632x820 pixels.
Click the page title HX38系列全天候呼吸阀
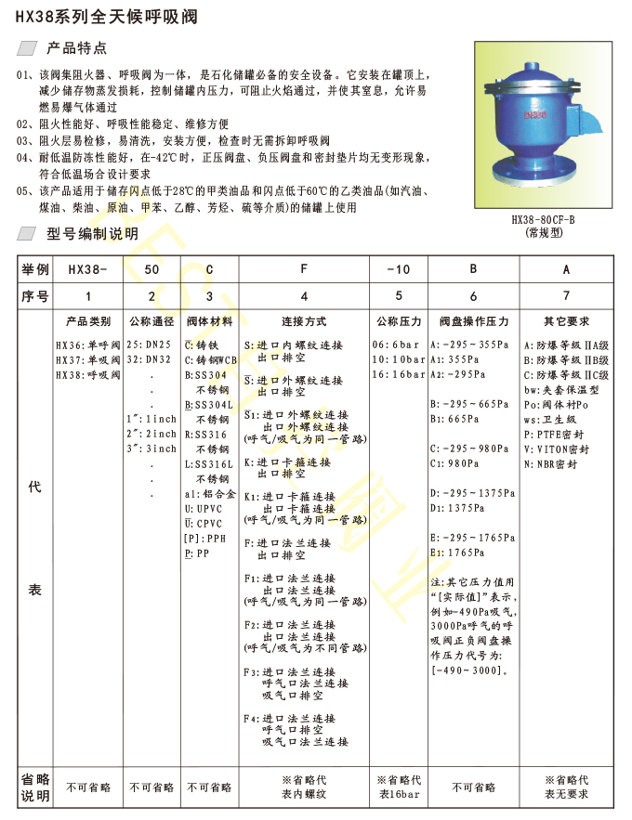click(x=110, y=19)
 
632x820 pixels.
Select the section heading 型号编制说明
click(x=91, y=234)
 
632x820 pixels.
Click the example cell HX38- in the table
click(x=88, y=269)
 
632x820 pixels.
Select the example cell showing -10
click(x=399, y=269)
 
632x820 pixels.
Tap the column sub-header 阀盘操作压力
click(x=474, y=321)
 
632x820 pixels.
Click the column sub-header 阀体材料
click(x=209, y=321)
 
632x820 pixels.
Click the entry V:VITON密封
click(x=560, y=449)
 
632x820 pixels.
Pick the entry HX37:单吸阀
click(x=88, y=359)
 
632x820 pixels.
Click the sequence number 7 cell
click(x=567, y=296)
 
